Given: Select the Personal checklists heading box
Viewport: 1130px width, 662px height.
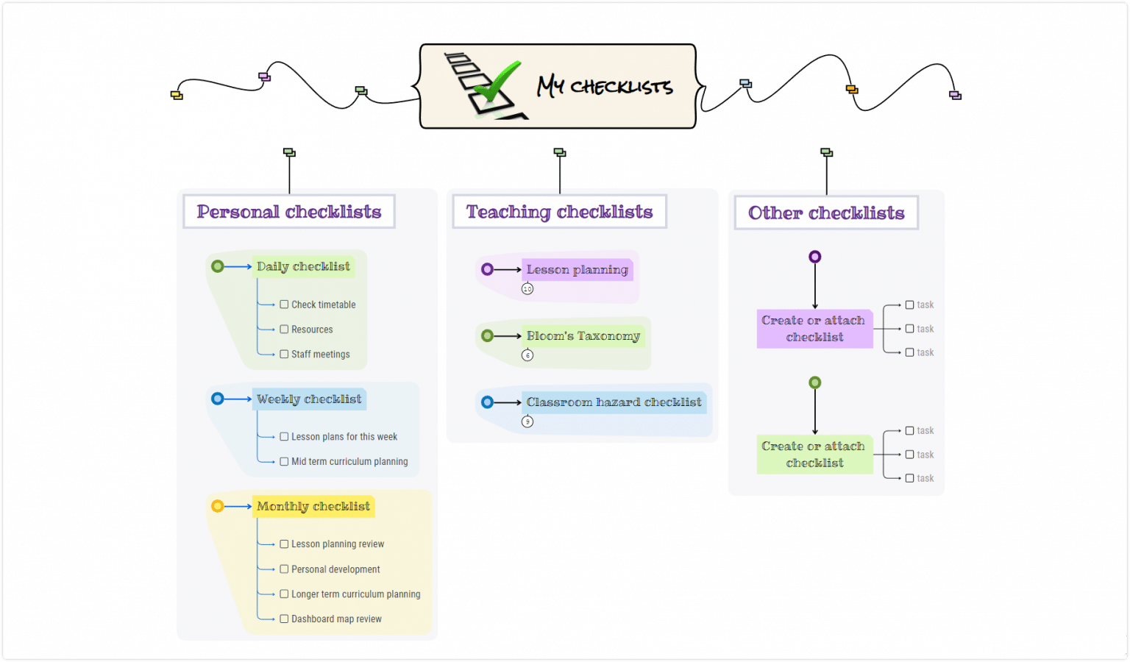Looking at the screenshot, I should pyautogui.click(x=289, y=212).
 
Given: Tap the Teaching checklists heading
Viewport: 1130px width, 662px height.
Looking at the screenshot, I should pyautogui.click(x=559, y=212).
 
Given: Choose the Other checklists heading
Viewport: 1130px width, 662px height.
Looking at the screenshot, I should pyautogui.click(x=826, y=213).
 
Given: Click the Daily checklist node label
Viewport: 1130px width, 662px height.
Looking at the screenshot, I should pyautogui.click(x=303, y=266).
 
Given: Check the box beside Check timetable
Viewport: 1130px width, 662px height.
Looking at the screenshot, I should pyautogui.click(x=284, y=305).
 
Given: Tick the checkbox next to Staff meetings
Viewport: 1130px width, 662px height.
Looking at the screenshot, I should pyautogui.click(x=284, y=354).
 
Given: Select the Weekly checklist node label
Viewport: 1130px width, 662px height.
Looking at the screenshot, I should pyautogui.click(x=309, y=399).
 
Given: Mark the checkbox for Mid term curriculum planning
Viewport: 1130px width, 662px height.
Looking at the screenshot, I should pyautogui.click(x=284, y=461).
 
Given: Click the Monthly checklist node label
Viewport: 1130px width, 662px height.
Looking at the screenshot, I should pyautogui.click(x=313, y=506).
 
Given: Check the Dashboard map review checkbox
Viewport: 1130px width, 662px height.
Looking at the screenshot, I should pyautogui.click(x=284, y=619).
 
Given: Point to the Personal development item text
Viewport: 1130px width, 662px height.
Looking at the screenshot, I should pyautogui.click(x=335, y=569).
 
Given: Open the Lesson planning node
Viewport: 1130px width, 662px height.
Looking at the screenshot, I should pyautogui.click(x=578, y=270).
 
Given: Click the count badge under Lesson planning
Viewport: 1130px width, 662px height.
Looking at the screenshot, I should pyautogui.click(x=527, y=289).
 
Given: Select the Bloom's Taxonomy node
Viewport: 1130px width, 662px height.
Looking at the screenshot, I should pyautogui.click(x=583, y=336).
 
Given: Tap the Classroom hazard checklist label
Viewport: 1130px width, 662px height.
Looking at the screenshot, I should pyautogui.click(x=614, y=402).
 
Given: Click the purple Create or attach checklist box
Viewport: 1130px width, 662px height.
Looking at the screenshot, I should pyautogui.click(x=814, y=329).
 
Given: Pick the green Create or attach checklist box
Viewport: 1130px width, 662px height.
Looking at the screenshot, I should pyautogui.click(x=814, y=455).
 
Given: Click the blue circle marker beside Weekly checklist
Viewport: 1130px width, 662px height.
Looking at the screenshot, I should pyautogui.click(x=218, y=399).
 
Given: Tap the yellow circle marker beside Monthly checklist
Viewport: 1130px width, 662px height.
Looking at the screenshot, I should pyautogui.click(x=218, y=506).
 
